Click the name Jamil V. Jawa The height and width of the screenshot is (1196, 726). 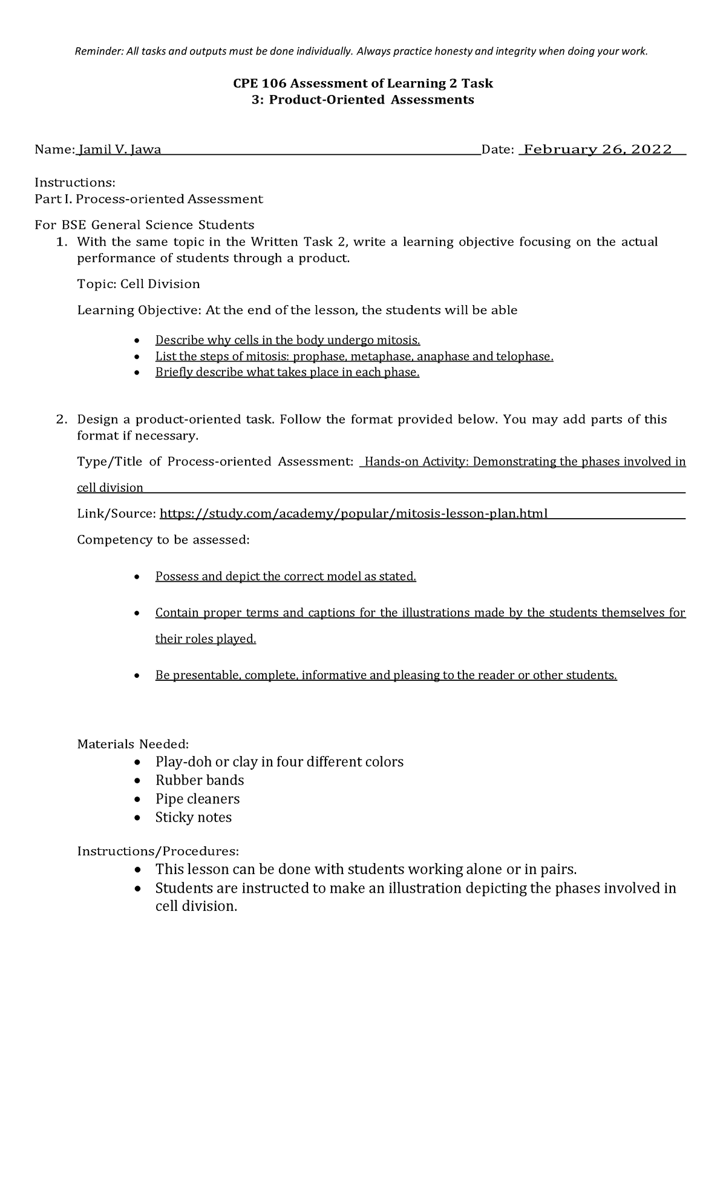120,150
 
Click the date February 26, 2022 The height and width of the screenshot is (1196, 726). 597,149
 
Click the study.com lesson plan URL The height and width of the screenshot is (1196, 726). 353,514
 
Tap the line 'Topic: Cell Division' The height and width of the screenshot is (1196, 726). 139,284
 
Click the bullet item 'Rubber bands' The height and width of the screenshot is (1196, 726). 200,780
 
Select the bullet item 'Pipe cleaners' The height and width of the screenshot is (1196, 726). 197,799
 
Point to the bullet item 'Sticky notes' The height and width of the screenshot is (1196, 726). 194,818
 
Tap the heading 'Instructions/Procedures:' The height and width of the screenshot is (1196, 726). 158,852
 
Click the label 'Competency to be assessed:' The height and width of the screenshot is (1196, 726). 163,540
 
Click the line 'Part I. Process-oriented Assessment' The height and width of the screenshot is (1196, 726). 148,199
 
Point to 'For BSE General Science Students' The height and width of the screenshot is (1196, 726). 144,226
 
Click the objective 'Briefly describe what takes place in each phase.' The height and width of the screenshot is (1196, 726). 287,373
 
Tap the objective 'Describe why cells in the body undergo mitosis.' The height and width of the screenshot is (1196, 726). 287,340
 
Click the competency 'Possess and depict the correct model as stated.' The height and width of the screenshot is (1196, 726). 286,577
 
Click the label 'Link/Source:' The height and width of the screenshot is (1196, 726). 116,514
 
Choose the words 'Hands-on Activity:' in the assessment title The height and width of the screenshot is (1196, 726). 417,462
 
